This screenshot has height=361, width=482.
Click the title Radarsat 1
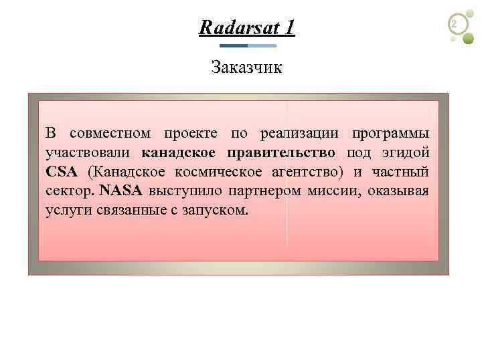tap(247, 28)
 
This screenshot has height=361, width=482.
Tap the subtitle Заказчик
tap(246, 67)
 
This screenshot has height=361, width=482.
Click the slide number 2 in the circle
tap(456, 25)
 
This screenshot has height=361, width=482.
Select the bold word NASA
tap(120, 191)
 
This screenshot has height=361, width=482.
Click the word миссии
tap(337, 191)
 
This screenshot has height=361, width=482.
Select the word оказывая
tap(400, 191)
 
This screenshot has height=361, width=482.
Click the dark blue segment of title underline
tap(234, 45)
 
